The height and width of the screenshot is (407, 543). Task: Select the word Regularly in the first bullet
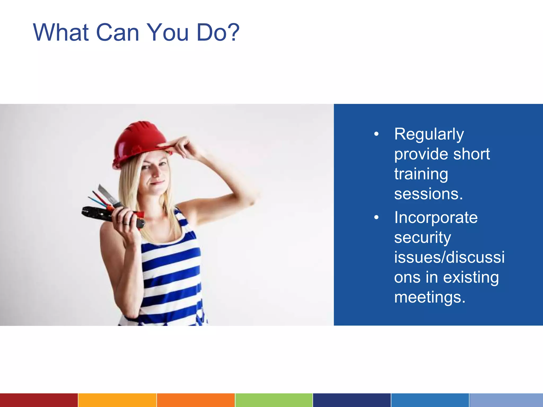point(429,134)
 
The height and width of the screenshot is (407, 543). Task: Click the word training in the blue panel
point(421,174)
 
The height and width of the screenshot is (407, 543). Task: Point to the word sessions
point(428,194)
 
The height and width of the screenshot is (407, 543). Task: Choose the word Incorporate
point(436,218)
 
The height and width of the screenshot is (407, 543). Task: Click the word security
point(422,237)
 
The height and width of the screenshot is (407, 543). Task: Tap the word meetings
point(430,297)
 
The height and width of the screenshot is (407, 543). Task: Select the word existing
point(471,277)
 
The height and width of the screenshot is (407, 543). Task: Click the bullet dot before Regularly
point(376,134)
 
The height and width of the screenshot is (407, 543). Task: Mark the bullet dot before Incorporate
point(376,218)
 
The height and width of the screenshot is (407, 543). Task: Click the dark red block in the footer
point(39,400)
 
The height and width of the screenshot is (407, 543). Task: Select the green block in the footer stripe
point(274,400)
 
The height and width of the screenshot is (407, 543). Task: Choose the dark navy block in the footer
point(352,400)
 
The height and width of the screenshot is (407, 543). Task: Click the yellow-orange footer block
point(117,400)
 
